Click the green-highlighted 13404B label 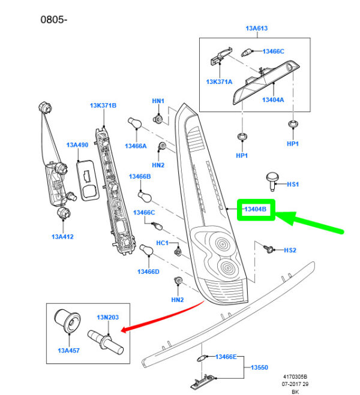point(256,209)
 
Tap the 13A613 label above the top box point(256,28)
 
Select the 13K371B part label point(103,105)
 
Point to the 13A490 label point(77,145)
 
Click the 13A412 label point(62,237)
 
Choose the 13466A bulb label point(136,146)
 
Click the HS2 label point(290,250)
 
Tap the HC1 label point(163,243)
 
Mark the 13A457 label point(70,351)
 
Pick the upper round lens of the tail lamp point(224,244)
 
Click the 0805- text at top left point(54,19)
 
